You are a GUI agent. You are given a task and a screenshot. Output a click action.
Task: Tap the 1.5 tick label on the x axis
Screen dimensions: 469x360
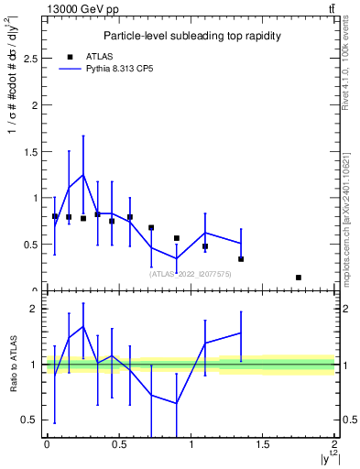263,444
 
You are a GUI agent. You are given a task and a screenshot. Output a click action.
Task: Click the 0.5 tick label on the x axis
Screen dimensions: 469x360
118,444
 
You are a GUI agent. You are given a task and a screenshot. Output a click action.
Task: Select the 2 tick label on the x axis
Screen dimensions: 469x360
334,444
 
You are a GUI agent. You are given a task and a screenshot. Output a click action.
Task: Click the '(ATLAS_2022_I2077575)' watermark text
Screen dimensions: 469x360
191,273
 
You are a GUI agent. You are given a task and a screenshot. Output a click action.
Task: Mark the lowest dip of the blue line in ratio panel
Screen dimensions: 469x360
176,403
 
